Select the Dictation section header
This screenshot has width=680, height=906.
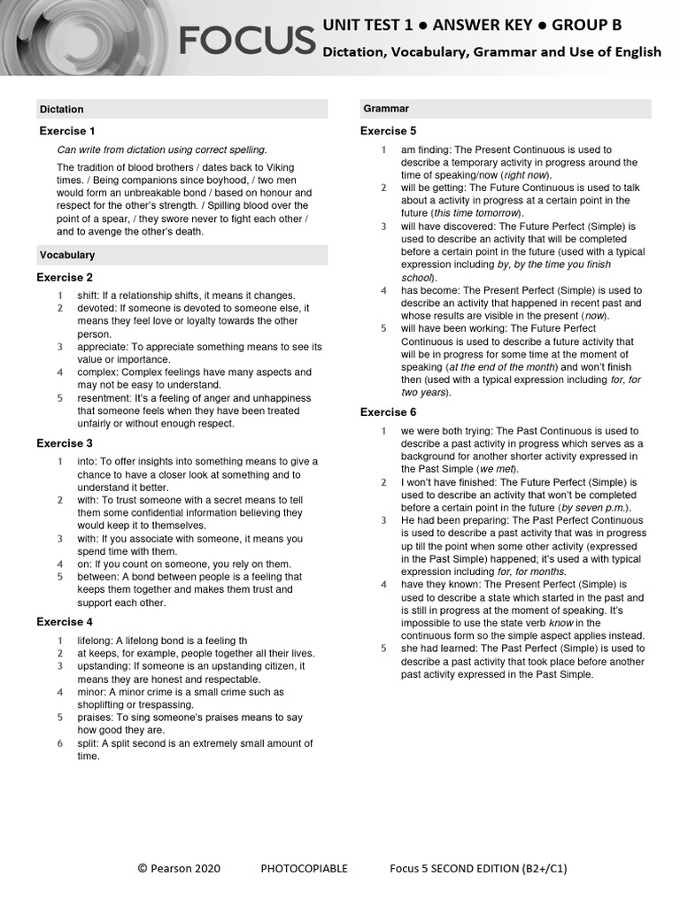(62, 110)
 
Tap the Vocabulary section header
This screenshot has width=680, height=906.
(67, 255)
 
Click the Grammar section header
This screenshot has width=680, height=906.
(386, 109)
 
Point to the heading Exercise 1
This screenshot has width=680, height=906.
(67, 131)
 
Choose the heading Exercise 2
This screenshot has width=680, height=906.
(65, 277)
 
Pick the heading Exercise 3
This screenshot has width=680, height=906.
(65, 443)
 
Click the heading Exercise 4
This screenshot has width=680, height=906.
(65, 622)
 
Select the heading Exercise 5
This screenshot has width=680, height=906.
(388, 131)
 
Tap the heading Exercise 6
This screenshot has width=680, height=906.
(388, 412)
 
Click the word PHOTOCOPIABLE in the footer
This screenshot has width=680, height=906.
(304, 869)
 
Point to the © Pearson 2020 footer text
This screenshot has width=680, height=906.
(179, 869)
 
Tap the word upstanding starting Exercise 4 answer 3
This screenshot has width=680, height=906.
(104, 666)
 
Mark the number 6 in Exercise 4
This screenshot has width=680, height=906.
(60, 743)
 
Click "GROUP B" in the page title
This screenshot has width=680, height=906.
(586, 24)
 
